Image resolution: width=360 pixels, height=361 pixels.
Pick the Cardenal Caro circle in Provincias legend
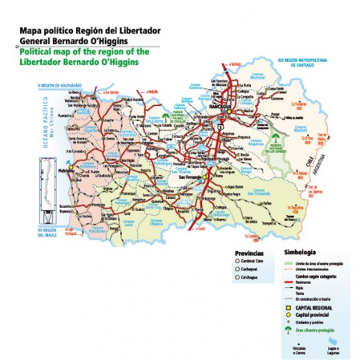230,261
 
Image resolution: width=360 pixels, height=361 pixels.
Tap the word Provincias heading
243,252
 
